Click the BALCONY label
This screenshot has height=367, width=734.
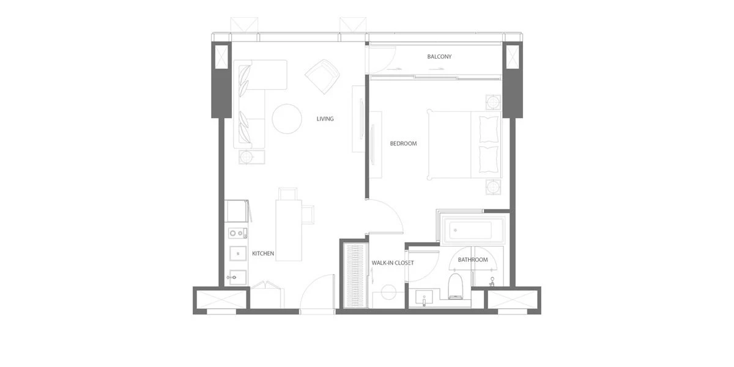click(x=439, y=57)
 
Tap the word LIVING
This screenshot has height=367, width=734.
click(x=325, y=119)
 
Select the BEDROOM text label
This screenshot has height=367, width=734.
click(x=403, y=144)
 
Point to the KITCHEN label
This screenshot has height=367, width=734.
click(x=263, y=253)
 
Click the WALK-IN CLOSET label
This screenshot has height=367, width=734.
click(x=393, y=263)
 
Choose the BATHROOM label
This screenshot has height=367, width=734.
click(x=473, y=260)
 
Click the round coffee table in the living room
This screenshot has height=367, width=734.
click(x=287, y=119)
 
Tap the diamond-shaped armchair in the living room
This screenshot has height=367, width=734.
click(x=323, y=76)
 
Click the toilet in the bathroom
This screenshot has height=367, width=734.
click(x=456, y=286)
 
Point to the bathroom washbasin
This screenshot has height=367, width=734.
click(x=424, y=297)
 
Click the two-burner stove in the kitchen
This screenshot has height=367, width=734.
click(x=237, y=233)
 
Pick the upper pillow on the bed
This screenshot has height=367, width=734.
click(x=489, y=129)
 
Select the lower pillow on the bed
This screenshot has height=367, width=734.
click(x=489, y=159)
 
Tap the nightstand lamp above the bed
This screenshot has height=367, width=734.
click(x=493, y=102)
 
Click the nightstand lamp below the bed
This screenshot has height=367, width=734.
click(x=493, y=187)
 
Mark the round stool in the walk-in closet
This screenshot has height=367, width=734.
click(x=388, y=292)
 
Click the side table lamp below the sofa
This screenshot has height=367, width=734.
click(x=247, y=157)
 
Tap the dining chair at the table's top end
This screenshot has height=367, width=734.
click(x=288, y=194)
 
